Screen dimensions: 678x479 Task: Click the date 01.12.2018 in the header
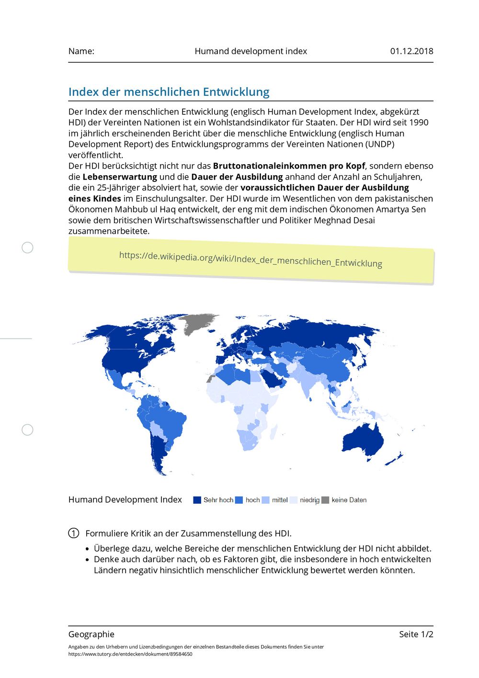point(411,51)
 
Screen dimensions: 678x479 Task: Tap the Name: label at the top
point(81,51)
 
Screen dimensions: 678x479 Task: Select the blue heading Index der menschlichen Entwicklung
point(169,91)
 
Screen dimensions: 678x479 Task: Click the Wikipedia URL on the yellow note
point(251,259)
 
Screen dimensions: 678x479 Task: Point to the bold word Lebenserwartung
point(120,177)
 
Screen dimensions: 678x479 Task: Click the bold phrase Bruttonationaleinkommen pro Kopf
point(289,166)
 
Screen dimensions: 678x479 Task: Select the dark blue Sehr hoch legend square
point(197,500)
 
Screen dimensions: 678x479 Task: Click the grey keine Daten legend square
point(325,500)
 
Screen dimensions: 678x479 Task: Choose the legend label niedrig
point(309,500)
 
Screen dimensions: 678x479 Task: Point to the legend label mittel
point(280,500)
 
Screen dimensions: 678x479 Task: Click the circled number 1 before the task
point(74,533)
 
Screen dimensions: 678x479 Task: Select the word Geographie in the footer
point(91,634)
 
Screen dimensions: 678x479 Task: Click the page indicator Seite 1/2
point(416,634)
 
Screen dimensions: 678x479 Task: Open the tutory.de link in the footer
point(130,654)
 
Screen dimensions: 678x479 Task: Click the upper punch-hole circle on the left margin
point(28,248)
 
